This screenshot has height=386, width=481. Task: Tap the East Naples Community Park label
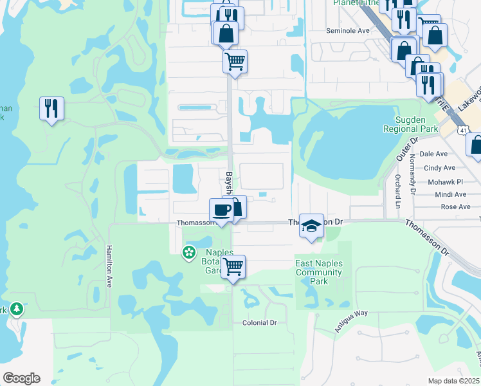pos(319,272)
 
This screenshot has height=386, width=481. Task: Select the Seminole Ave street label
pos(348,30)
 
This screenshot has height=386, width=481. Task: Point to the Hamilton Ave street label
pos(109,266)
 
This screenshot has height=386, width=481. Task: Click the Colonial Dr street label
pos(259,323)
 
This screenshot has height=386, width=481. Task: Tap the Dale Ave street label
pos(433,154)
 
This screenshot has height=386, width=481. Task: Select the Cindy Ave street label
pos(435,168)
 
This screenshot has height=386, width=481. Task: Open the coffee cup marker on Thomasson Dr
pos(221,210)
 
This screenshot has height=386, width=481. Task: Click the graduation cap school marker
pos(311,226)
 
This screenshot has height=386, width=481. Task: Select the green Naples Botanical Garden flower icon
pos(189,252)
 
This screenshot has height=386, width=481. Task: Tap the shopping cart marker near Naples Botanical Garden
pos(233,266)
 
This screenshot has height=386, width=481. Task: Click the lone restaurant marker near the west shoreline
pos(51,108)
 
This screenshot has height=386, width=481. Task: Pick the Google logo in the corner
pos(21,378)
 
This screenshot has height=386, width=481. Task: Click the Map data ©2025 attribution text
pos(453,381)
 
